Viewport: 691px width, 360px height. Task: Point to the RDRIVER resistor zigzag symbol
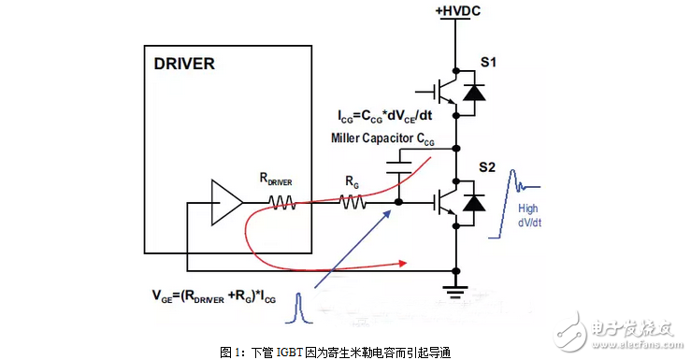click(283, 201)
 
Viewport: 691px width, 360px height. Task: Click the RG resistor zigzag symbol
click(353, 201)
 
